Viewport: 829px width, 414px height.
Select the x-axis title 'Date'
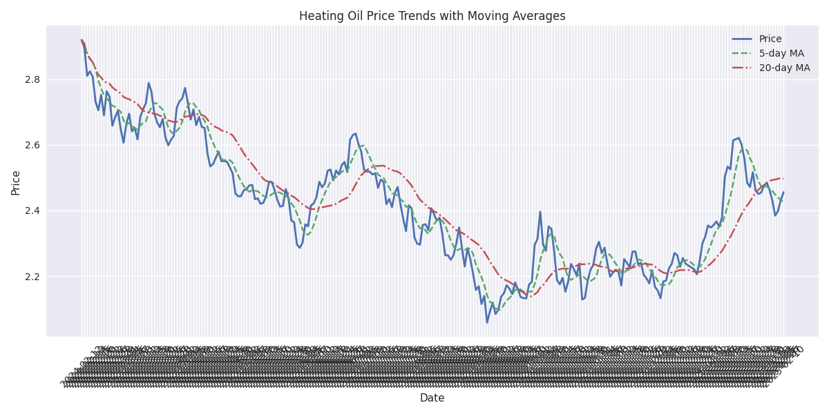point(432,398)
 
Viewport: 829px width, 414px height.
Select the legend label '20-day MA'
point(784,68)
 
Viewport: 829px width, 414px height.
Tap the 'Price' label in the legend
point(770,39)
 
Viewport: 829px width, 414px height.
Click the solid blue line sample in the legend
point(743,39)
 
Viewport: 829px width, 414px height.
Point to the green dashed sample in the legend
point(743,53)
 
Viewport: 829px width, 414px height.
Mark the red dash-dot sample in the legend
point(743,68)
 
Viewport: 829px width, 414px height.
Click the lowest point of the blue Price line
point(486,322)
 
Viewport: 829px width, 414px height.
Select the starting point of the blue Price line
point(82,40)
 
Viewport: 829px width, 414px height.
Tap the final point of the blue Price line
point(783,192)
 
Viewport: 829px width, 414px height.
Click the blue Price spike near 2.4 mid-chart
point(540,212)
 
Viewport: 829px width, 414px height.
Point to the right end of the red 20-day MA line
point(783,178)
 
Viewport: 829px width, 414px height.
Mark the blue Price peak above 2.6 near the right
point(739,138)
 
